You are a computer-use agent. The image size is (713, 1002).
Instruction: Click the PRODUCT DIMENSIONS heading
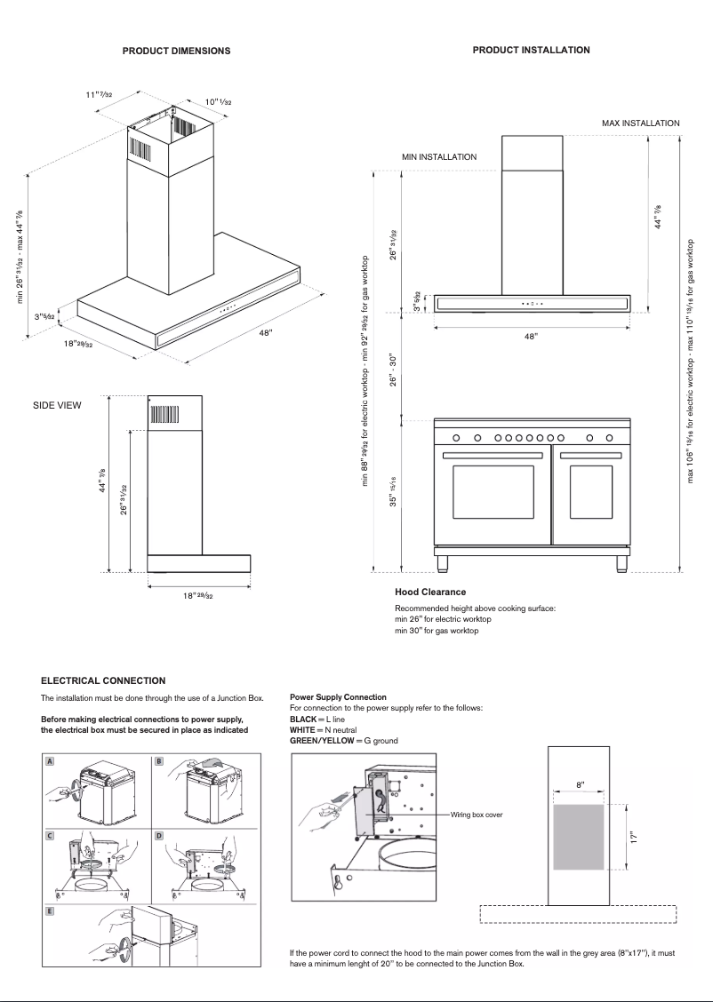coord(176,51)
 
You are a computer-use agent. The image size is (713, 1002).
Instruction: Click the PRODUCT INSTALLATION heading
coord(531,50)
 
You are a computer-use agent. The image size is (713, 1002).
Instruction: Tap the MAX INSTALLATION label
coord(640,123)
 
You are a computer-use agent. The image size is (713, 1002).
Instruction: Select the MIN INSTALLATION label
coord(438,156)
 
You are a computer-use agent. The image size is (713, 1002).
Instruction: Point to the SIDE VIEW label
coord(57,405)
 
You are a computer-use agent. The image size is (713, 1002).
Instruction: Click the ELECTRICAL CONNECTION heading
coord(103,680)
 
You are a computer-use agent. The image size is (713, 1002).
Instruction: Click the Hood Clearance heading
coord(430,592)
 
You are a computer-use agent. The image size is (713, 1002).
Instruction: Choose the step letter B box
coord(158,761)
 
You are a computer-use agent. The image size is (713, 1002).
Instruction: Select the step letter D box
coord(158,836)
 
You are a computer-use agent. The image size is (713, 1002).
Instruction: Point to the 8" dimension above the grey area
coord(580,785)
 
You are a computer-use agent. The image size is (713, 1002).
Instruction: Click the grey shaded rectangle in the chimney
coord(579,838)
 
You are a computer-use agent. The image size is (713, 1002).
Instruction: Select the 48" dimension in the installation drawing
coord(531,338)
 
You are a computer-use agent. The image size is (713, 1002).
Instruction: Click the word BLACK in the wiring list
coord(305,719)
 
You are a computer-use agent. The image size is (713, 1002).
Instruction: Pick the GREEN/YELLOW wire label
coord(322,740)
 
